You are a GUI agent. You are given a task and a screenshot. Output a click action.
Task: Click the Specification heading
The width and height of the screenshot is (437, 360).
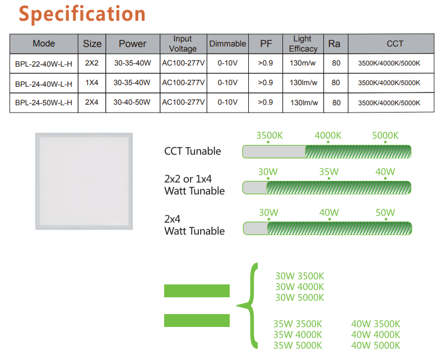[x=82, y=14]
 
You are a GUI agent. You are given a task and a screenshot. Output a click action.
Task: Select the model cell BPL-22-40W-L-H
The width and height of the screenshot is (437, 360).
[x=44, y=63]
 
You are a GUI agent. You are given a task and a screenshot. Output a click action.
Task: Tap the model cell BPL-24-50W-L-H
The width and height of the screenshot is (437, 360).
[x=44, y=102]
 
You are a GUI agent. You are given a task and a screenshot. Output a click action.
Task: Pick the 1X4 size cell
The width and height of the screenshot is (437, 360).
[x=92, y=83]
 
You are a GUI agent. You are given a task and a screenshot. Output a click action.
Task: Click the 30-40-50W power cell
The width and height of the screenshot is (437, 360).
[x=132, y=102]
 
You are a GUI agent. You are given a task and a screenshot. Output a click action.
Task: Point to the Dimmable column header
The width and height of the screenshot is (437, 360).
[x=227, y=44]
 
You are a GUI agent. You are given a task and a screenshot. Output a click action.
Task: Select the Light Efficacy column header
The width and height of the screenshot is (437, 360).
[x=303, y=44]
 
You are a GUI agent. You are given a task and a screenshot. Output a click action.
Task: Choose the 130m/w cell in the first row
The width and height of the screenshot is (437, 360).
[x=303, y=63]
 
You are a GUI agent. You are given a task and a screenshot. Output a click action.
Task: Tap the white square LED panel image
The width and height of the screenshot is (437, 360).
[x=85, y=181]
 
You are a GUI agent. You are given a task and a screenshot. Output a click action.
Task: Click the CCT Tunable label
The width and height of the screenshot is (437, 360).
[x=193, y=151]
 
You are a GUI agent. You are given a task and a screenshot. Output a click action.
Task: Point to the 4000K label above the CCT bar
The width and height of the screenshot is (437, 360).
[x=328, y=136]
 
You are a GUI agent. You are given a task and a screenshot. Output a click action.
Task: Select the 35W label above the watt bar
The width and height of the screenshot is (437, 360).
[x=329, y=172]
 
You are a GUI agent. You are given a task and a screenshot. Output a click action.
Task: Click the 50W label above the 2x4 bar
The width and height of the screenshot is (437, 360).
[x=385, y=213]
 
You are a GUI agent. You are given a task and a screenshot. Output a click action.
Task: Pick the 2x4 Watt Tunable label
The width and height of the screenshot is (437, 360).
[x=194, y=225]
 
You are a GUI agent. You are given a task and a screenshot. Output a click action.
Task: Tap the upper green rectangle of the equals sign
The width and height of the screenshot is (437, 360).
[x=197, y=291]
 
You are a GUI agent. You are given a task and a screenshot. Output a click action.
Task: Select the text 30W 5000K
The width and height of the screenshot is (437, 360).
[x=300, y=298]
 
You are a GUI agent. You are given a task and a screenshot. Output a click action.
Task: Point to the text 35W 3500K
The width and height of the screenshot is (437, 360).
[x=297, y=324]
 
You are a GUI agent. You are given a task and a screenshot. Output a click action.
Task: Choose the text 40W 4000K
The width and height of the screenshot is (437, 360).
[x=375, y=334]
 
